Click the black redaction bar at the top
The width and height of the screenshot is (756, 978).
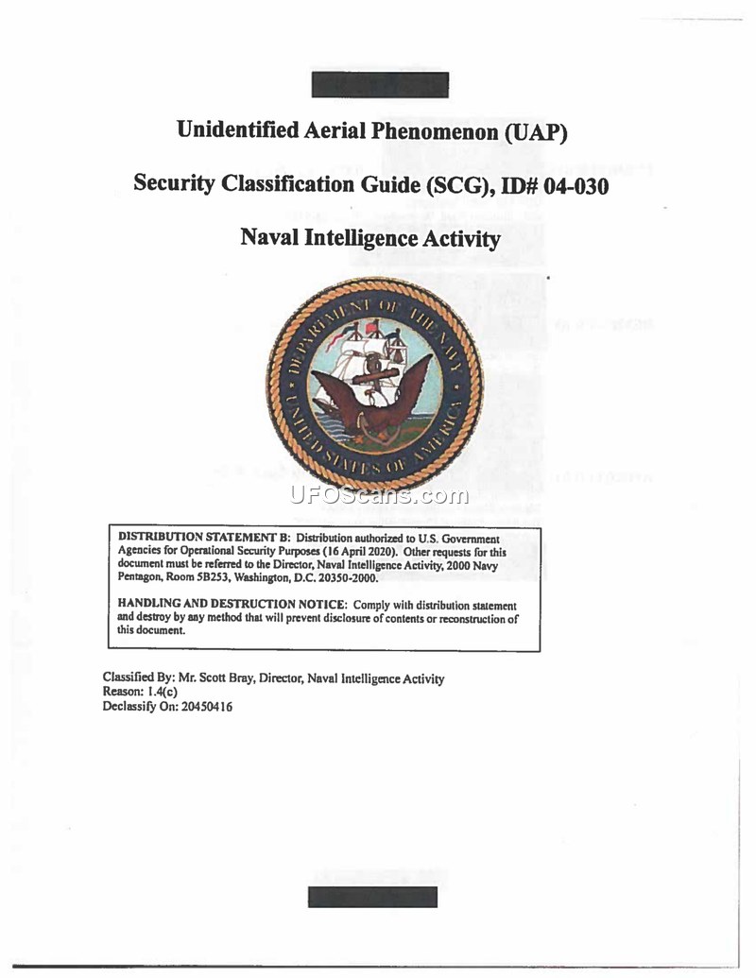click(x=380, y=84)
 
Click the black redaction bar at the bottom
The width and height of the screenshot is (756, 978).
click(x=372, y=896)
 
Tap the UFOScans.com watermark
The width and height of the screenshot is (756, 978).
click(x=378, y=495)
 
